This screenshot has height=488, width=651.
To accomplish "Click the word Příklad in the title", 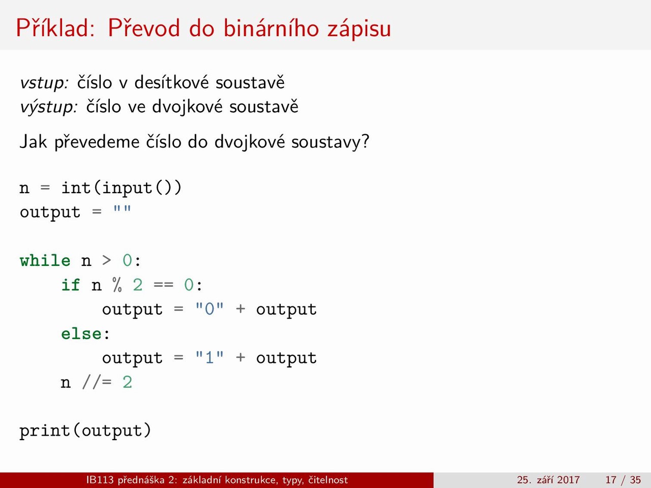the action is click(55, 27).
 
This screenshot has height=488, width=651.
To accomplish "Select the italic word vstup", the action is click(44, 83).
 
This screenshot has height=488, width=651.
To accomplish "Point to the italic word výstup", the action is click(49, 107).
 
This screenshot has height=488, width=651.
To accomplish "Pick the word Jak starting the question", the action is click(33, 141).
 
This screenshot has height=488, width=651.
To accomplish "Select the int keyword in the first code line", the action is click(76, 188).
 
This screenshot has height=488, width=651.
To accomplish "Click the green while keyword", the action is click(45, 260).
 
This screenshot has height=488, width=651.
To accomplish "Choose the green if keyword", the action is click(71, 285).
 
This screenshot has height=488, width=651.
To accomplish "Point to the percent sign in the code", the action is click(117, 285).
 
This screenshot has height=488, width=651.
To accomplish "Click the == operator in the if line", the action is click(163, 285).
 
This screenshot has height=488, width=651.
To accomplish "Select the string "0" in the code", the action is click(210, 309).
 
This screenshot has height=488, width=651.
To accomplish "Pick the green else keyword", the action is click(81, 333).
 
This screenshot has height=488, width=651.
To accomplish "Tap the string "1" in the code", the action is click(210, 358).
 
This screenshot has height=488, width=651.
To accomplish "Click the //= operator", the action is click(97, 382).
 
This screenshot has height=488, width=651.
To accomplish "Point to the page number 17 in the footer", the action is click(611, 480).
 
